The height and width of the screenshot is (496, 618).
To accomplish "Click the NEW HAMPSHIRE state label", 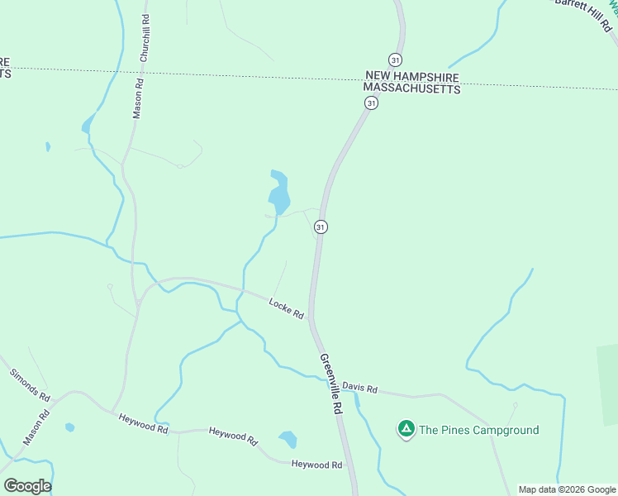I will pos(412,75).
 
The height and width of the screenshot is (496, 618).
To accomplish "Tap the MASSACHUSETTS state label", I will pos(412,88).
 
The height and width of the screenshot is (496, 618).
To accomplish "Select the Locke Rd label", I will pos(287,308).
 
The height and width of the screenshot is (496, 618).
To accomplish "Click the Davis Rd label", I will pos(359,387).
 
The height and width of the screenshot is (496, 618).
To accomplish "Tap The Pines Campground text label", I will pos(478,430).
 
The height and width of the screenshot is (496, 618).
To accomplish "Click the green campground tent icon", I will pos(406,429).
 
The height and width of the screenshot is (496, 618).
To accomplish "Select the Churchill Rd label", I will pos(145,39).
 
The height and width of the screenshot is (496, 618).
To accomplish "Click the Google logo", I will pos(27,486).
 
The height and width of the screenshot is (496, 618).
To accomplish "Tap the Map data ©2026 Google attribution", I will pos(566,489).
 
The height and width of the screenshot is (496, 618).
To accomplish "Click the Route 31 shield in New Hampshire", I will pos(395,60).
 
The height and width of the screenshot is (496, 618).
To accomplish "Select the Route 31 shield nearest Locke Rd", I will pos(321,227).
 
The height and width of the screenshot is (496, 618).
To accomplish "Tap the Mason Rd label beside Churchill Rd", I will pos(139,98).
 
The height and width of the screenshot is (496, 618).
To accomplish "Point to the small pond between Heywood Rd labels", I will pos(288,439).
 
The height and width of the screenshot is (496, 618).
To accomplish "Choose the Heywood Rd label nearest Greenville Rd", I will pos(316,465).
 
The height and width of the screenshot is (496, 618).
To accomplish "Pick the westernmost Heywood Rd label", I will pos(143,425).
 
